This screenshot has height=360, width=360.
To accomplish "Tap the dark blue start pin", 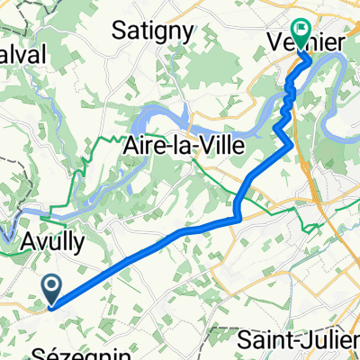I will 52,291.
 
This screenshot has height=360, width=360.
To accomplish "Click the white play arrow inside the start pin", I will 52,287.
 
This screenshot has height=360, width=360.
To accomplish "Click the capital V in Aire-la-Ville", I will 213,150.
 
